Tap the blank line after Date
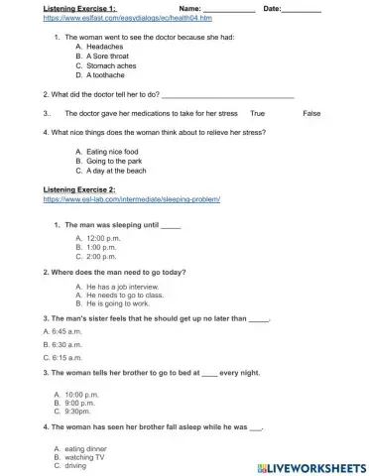(301, 10)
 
